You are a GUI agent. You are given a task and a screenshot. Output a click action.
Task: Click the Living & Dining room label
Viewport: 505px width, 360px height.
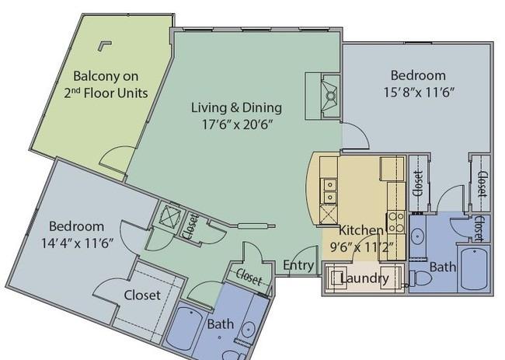pyautogui.click(x=237, y=107)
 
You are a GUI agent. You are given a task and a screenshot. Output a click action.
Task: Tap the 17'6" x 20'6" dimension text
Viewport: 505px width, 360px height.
pyautogui.click(x=238, y=124)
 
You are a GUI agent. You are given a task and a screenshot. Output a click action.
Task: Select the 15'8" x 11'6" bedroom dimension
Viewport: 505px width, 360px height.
pyautogui.click(x=419, y=93)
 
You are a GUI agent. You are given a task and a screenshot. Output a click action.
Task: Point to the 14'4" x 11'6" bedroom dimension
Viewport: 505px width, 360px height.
pyautogui.click(x=77, y=243)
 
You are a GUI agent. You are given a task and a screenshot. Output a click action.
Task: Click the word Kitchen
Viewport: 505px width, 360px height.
pyautogui.click(x=361, y=230)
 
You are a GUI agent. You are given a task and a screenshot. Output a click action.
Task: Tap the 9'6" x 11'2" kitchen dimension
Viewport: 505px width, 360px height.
pyautogui.click(x=362, y=247)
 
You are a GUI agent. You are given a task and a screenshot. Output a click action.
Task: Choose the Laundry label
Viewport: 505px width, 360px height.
pyautogui.click(x=364, y=278)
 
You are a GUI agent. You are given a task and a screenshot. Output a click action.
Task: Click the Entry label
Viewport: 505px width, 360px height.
pyautogui.click(x=298, y=265)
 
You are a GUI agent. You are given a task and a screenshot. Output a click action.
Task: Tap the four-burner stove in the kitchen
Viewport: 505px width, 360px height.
pyautogui.click(x=395, y=222)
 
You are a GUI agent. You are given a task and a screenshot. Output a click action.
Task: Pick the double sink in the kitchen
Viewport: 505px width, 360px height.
pyautogui.click(x=329, y=190)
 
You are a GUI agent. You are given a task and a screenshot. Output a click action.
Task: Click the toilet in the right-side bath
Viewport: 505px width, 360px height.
pyautogui.click(x=420, y=278)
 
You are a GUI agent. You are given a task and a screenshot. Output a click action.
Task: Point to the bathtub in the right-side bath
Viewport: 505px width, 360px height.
pyautogui.click(x=475, y=269)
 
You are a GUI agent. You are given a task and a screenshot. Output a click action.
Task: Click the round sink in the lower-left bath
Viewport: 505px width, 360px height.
pyautogui.click(x=249, y=330)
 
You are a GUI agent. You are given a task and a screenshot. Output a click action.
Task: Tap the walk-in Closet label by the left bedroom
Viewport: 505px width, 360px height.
pyautogui.click(x=142, y=295)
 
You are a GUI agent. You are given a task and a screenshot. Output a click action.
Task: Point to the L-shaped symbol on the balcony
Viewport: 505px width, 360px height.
pyautogui.click(x=103, y=45)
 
